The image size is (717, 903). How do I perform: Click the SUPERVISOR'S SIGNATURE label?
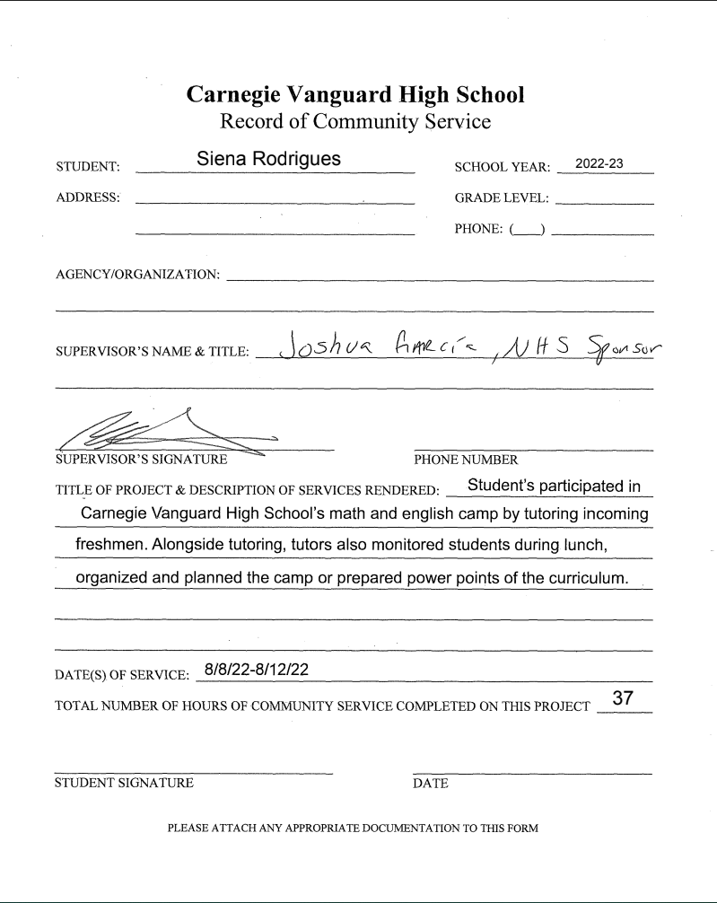pos(141,460)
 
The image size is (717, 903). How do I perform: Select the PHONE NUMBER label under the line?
pos(466,460)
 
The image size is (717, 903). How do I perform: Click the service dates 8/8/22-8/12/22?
pos(257,669)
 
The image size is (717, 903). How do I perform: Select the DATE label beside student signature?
pos(431,783)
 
